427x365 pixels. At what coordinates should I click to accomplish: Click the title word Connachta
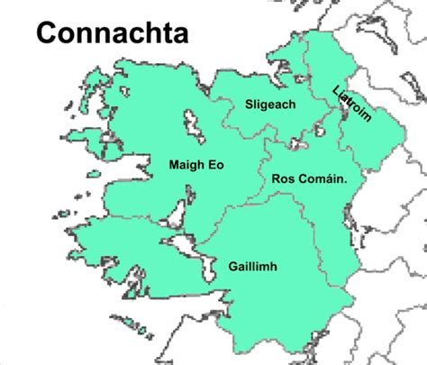pyautogui.click(x=112, y=35)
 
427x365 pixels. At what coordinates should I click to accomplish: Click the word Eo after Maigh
pyautogui.click(x=215, y=165)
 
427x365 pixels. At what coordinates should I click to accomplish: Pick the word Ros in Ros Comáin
pyautogui.click(x=283, y=179)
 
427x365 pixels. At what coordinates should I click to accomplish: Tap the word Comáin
pyautogui.click(x=322, y=179)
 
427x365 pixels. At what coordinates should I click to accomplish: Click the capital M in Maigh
pyautogui.click(x=174, y=165)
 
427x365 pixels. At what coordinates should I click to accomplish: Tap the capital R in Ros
pyautogui.click(x=276, y=179)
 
